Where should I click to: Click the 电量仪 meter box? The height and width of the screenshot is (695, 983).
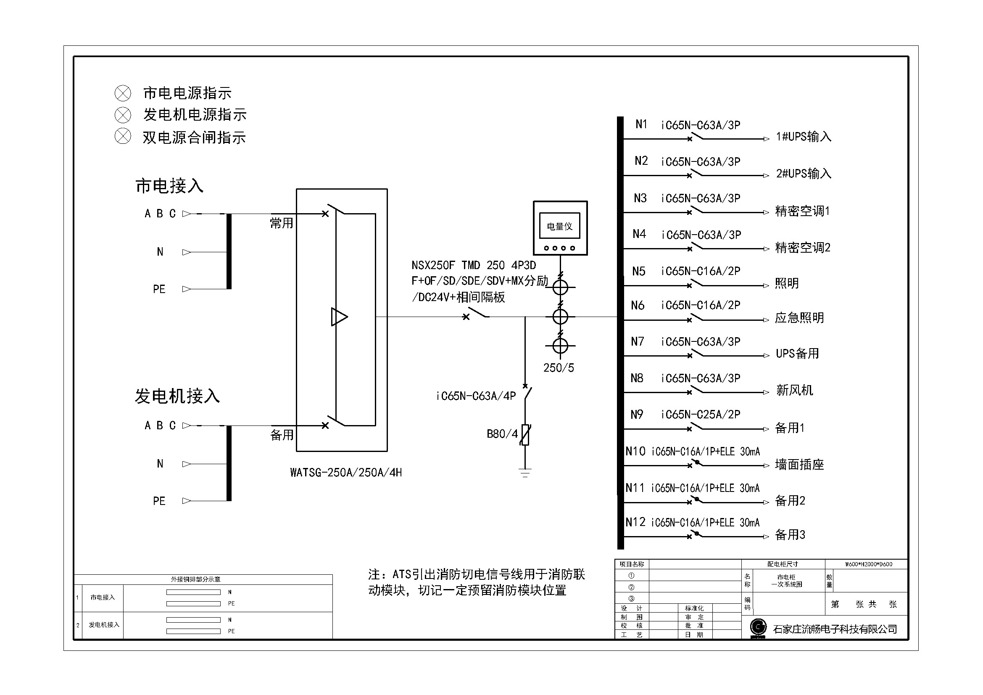click(x=560, y=228)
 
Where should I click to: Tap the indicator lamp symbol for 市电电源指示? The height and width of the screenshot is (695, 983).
click(x=123, y=93)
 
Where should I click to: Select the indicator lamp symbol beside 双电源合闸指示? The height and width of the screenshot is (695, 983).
click(x=123, y=137)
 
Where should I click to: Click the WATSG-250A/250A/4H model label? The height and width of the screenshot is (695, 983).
click(x=345, y=473)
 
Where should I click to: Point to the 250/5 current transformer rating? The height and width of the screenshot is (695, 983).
click(x=558, y=368)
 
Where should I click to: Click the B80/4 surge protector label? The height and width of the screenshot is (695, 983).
click(x=502, y=434)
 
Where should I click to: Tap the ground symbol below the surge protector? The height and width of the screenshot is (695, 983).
click(x=525, y=473)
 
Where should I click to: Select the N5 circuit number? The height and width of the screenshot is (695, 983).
click(x=638, y=272)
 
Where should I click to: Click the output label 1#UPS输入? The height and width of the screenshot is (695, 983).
click(x=803, y=137)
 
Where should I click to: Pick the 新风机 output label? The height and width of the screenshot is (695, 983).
click(x=794, y=390)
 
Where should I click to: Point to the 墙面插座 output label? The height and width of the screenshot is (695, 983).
click(x=799, y=465)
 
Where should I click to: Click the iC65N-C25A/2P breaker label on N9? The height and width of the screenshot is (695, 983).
click(x=701, y=415)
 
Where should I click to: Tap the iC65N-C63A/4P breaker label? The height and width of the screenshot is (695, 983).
click(x=476, y=396)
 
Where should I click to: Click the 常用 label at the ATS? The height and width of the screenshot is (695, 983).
click(x=281, y=223)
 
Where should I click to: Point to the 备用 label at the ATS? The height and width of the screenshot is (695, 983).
click(x=282, y=435)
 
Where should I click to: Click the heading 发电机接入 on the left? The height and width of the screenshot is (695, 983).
click(x=177, y=396)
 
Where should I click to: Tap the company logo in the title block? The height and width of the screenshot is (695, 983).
click(x=758, y=628)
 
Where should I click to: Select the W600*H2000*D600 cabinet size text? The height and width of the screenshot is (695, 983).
click(x=868, y=564)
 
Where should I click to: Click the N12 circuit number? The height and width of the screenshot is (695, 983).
click(x=635, y=522)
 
